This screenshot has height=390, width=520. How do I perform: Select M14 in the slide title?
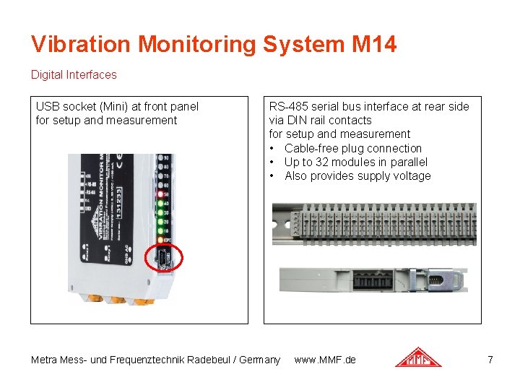(x=374, y=45)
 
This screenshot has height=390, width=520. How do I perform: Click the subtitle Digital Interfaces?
(x=73, y=74)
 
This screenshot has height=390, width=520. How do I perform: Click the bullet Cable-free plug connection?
(x=352, y=148)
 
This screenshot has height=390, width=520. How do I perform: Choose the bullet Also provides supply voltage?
(x=357, y=175)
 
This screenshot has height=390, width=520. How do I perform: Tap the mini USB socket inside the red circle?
(x=165, y=258)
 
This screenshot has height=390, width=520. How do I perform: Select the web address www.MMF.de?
(x=325, y=360)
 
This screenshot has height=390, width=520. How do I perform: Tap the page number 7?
(x=490, y=360)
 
